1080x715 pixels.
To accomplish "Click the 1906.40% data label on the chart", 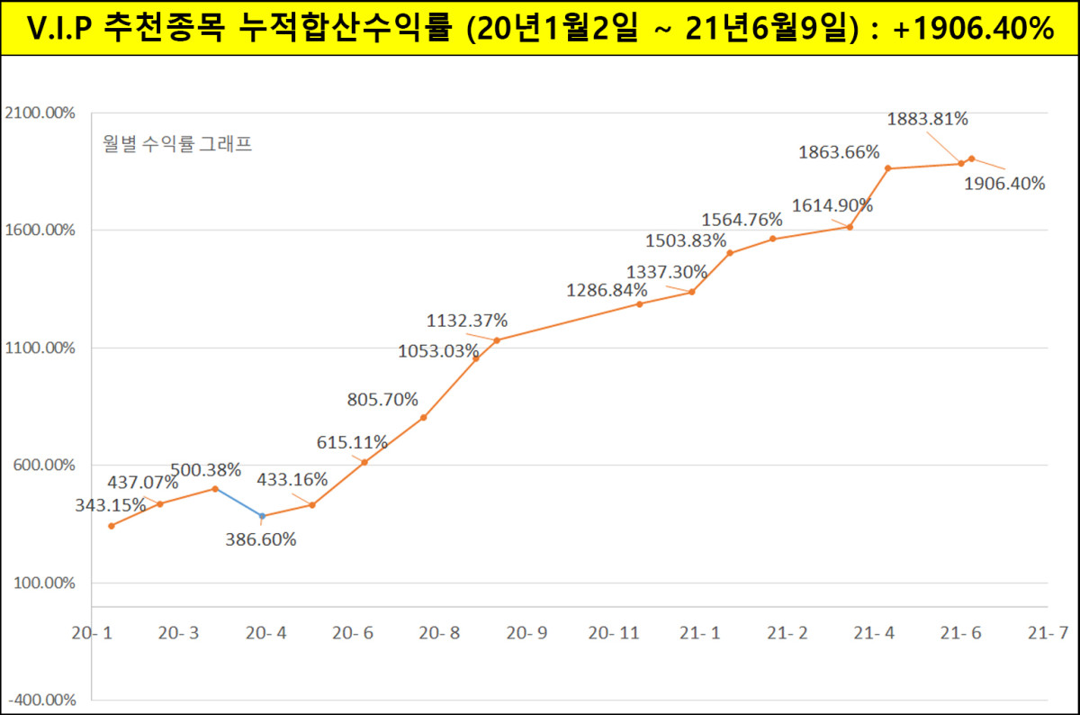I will [x=1004, y=184].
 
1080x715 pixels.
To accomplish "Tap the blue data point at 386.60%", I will [x=262, y=516].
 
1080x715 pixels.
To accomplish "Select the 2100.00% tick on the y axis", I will [x=40, y=113].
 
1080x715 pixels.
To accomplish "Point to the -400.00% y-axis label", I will [x=40, y=700].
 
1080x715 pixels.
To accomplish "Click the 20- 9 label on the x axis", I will [x=526, y=633].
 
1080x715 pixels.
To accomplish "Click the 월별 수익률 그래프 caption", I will [x=178, y=144].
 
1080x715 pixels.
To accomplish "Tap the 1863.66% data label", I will [x=839, y=152].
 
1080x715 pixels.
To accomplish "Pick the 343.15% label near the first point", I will [x=111, y=505].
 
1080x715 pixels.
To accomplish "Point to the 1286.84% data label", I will [x=607, y=290].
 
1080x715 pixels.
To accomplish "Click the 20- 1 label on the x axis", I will [x=93, y=633].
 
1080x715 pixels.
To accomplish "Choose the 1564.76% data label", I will [x=742, y=220].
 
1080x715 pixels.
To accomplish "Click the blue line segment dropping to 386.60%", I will [x=238, y=502].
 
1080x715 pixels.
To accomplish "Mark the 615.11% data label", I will [x=352, y=442].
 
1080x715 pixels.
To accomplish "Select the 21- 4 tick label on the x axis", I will [x=874, y=633].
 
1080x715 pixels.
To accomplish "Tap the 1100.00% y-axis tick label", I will [x=40, y=348].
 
